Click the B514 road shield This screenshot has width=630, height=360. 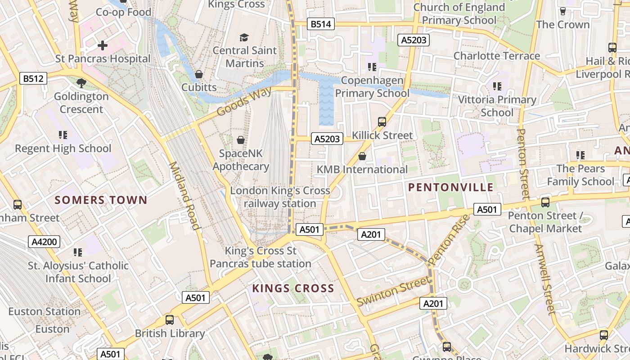coord(321,24)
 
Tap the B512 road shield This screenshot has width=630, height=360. coord(34,79)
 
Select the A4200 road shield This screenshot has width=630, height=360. coord(45,242)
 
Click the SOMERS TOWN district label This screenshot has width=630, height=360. coord(101,200)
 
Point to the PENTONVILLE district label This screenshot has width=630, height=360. coord(451,188)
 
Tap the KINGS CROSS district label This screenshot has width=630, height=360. coord(293,288)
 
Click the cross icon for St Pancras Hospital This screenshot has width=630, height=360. coord(103,45)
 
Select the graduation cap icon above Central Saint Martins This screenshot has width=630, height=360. coord(244,37)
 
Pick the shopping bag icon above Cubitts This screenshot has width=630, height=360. coord(198,74)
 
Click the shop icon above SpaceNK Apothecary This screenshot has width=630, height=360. coord(241,140)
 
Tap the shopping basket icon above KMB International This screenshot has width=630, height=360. coord(362,156)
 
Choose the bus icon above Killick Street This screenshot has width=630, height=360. coord(382,121)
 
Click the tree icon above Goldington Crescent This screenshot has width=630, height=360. coord(81,83)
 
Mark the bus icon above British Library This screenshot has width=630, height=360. coord(170,320)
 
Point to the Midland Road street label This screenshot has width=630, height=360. coord(184,196)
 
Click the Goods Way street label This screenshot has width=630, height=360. coord(244,102)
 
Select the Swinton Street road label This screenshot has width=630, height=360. coord(393,291)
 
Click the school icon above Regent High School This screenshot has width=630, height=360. coord(63,135)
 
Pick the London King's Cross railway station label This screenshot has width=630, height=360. coord(280,197)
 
